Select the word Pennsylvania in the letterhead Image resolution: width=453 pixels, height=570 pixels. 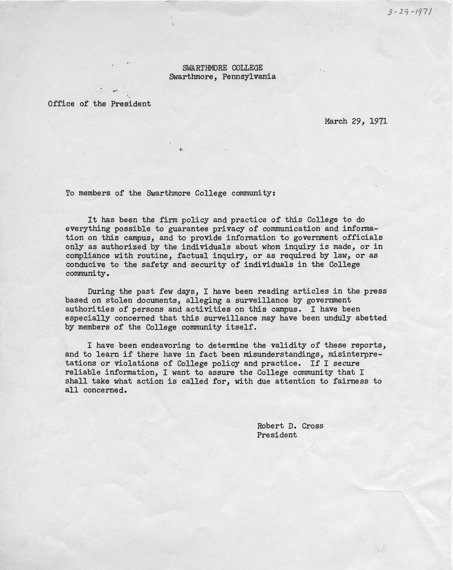pyautogui.click(x=249, y=77)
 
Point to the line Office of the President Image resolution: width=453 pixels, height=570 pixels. pyautogui.click(x=99, y=104)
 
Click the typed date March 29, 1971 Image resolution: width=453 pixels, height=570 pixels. pyautogui.click(x=356, y=121)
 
